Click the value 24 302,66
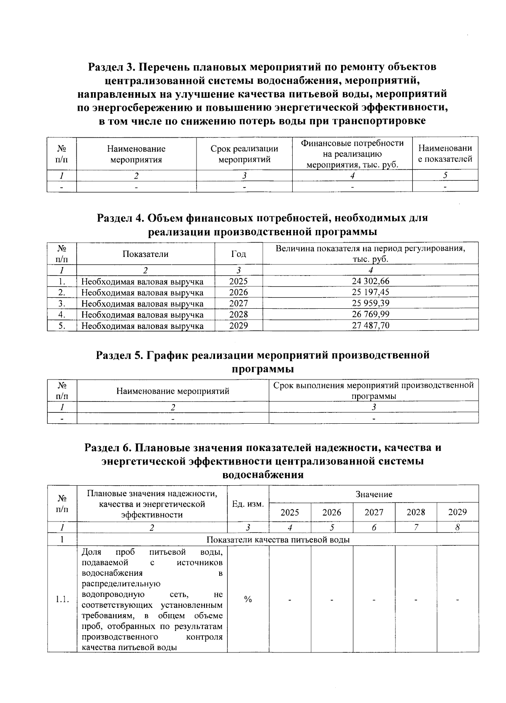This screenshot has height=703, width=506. tap(370, 281)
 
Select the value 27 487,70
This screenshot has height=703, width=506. tap(370, 325)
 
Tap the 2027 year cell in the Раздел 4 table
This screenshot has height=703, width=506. tap(238, 303)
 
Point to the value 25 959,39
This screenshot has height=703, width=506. tap(370, 303)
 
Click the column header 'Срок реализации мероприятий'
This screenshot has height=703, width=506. tap(244, 154)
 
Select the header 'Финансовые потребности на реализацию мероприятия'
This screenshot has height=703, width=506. tap(352, 154)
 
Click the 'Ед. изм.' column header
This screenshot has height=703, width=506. tap(248, 504)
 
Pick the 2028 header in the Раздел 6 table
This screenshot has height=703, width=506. tap(416, 512)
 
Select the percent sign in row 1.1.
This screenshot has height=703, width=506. tap(248, 599)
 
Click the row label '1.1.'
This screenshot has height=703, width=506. tap(62, 599)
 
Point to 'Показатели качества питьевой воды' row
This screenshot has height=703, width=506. tap(278, 540)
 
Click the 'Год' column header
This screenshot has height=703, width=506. tap(239, 254)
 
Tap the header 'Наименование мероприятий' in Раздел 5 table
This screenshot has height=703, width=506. tap(172, 391)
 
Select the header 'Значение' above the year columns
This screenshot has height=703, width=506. tap(374, 494)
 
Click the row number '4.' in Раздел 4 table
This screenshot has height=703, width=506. tap(62, 314)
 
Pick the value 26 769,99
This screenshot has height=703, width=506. tap(370, 314)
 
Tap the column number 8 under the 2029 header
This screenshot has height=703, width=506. tap(458, 527)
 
